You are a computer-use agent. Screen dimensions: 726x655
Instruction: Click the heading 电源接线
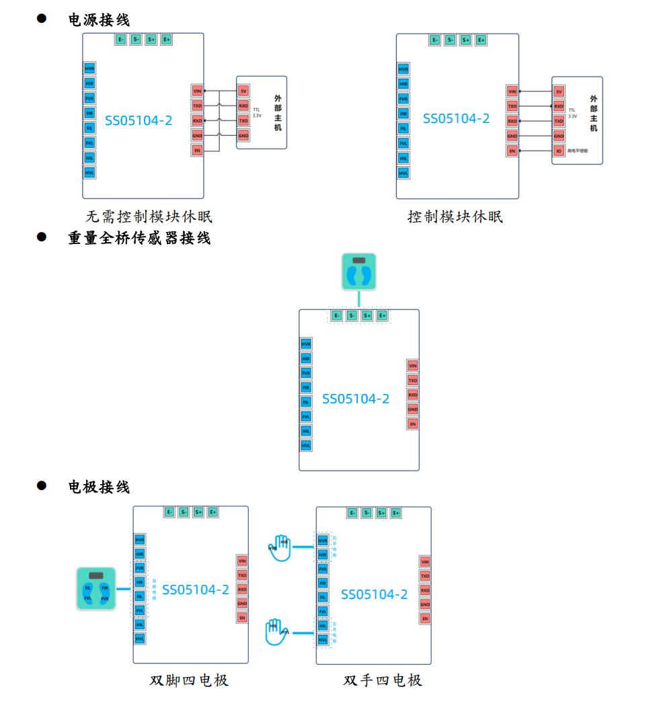[99, 21]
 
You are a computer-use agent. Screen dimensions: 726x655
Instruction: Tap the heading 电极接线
[99, 487]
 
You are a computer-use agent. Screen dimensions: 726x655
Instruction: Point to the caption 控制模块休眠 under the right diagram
[455, 217]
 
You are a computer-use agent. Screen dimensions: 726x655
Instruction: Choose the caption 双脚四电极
[189, 680]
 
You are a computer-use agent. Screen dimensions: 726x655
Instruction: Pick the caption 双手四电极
[383, 680]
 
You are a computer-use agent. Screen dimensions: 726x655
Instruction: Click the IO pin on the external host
[558, 151]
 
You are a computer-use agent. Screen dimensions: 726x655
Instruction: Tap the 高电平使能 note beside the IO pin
[577, 151]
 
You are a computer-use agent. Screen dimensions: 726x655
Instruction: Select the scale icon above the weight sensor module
[358, 272]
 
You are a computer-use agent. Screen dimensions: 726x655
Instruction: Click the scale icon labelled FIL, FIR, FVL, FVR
[95, 590]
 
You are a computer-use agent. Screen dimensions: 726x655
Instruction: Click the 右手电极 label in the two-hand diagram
[334, 549]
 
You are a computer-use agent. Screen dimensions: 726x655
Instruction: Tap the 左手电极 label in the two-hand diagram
[334, 633]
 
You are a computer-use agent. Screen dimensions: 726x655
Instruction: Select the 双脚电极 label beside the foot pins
[154, 589]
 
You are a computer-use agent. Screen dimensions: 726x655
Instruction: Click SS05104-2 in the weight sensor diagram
[356, 399]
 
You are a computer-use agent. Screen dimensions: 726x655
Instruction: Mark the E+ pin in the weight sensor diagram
[382, 315]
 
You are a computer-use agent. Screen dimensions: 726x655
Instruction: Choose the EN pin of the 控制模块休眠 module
[512, 151]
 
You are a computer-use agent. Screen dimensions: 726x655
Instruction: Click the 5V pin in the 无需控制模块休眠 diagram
[243, 91]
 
